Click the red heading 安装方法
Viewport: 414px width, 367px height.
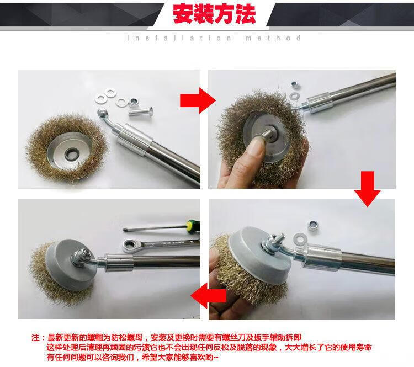[214, 14]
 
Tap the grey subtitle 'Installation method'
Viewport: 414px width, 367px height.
[214, 38]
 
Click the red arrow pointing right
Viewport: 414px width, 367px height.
[198, 100]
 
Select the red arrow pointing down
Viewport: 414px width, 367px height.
[367, 189]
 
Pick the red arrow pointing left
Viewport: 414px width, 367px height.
[209, 295]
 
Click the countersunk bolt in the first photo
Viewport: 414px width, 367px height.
[141, 111]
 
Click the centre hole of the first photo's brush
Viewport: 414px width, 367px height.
[71, 153]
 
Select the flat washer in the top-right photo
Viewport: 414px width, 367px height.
[294, 96]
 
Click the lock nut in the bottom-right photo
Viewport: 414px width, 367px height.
[314, 225]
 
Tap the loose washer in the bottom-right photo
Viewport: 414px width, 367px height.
[300, 238]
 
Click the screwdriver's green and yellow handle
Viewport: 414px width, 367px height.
[193, 226]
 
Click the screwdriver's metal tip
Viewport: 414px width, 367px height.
[126, 230]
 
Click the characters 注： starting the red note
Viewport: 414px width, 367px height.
[39, 338]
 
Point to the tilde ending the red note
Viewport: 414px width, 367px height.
[216, 358]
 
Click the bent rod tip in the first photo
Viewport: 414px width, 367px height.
[102, 113]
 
